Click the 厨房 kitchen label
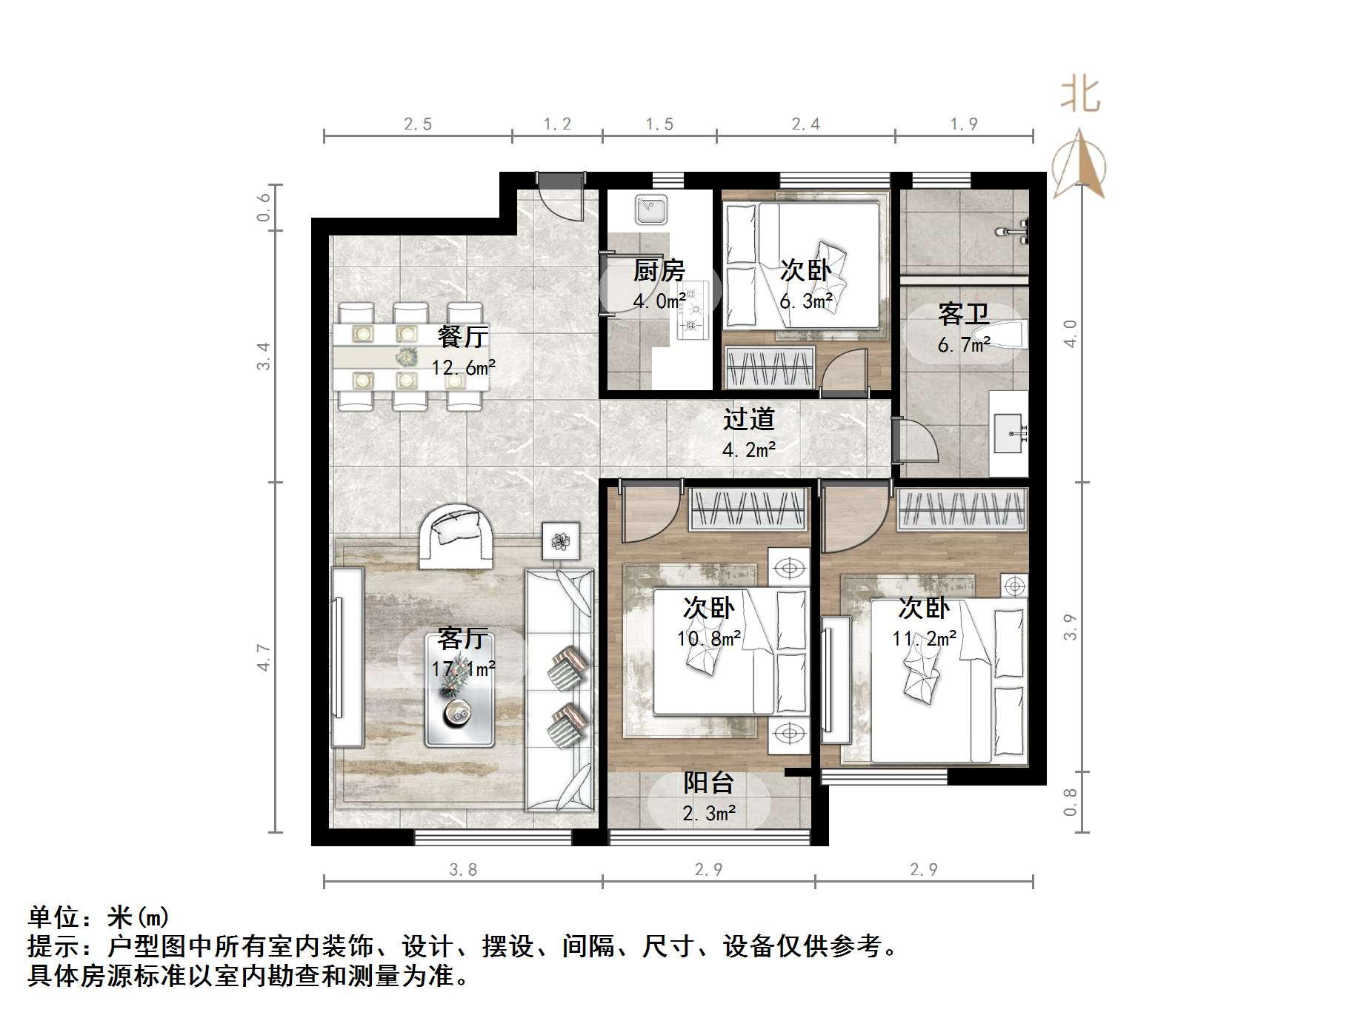click(659, 271)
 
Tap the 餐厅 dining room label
click(463, 338)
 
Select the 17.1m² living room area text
click(463, 669)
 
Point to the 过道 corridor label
click(748, 420)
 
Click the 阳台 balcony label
click(708, 783)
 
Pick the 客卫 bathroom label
click(962, 315)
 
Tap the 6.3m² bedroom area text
click(806, 301)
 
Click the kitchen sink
click(651, 210)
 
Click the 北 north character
click(1080, 96)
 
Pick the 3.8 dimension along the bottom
click(463, 869)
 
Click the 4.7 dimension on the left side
click(264, 657)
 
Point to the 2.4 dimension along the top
click(805, 124)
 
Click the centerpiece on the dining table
click(406, 358)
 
